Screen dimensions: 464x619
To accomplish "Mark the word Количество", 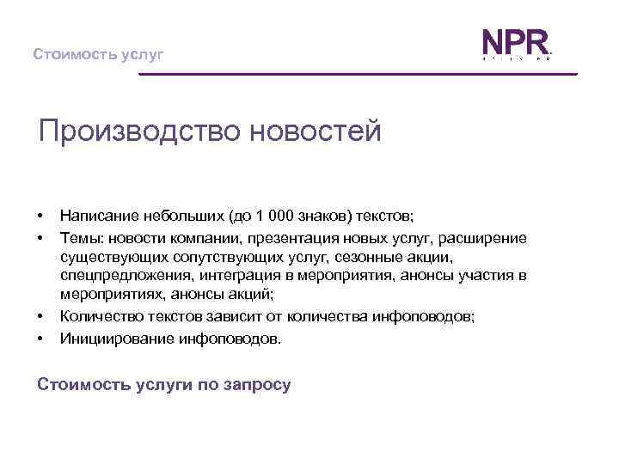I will (100, 317).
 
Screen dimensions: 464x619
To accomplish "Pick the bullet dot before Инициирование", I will (40, 338).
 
